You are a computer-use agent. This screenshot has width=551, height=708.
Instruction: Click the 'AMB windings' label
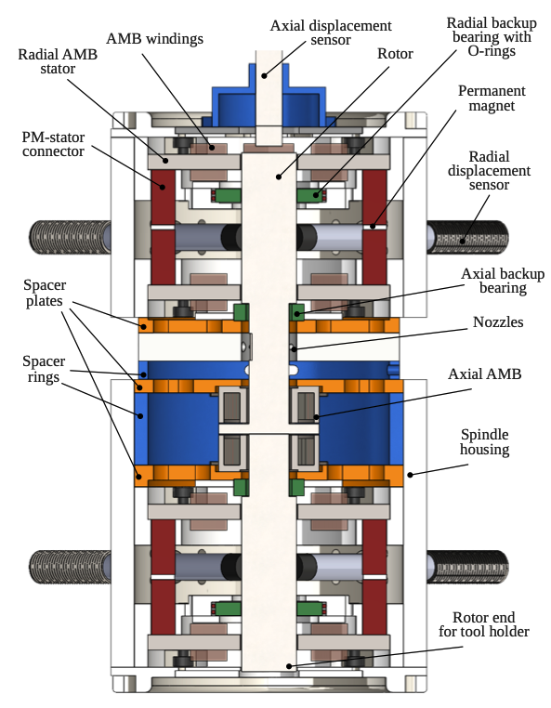point(154,39)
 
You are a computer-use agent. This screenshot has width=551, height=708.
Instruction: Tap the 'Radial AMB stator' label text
point(58,61)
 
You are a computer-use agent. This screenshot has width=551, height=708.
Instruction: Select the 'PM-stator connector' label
point(53,144)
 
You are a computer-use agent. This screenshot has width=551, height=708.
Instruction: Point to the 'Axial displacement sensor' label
point(331,33)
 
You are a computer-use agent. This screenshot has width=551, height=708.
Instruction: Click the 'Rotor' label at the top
point(395,54)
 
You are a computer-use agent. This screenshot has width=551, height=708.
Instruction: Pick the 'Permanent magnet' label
point(492,98)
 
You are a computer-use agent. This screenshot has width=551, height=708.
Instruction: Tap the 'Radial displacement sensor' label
point(489,171)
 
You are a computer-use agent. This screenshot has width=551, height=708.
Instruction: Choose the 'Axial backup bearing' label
point(503,281)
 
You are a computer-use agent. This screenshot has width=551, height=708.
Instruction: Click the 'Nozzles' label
point(498,321)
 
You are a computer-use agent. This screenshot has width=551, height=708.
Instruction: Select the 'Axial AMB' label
point(485,374)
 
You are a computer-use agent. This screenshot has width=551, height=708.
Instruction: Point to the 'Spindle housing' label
point(485,441)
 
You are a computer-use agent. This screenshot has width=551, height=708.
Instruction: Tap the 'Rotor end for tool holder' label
point(484,624)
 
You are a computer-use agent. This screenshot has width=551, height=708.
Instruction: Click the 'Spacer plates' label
point(45,293)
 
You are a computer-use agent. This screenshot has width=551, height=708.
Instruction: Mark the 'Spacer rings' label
point(44,369)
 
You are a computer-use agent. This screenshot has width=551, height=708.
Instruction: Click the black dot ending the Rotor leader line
point(279,177)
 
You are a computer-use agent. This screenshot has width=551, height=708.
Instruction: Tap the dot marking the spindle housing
point(410,475)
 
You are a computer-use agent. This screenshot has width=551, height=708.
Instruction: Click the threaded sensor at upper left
point(70,237)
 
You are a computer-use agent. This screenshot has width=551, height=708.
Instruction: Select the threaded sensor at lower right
point(468,567)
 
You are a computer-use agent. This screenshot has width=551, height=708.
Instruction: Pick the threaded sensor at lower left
point(70,567)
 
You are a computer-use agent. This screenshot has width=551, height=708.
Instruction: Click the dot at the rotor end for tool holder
point(289,666)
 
